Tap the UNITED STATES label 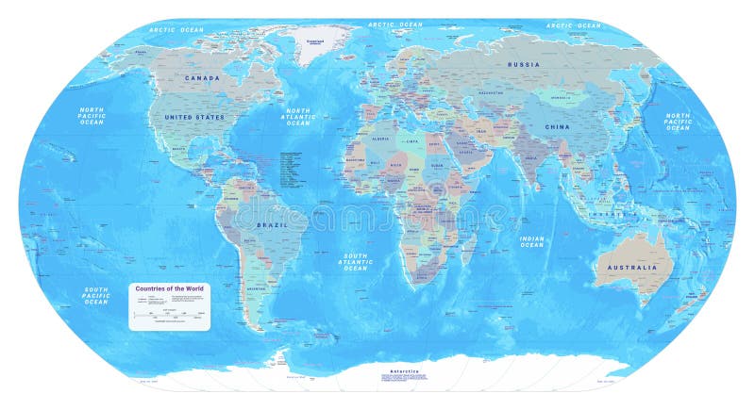pos(194,117)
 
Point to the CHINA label pos(556,125)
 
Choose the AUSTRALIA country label pos(632,267)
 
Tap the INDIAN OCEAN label pos(531,242)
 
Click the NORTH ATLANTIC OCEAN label pos(298,117)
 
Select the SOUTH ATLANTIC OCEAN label pos(355,262)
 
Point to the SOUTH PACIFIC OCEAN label pos(94,296)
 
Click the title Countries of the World pos(169,288)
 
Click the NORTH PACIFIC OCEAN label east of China pos(678,122)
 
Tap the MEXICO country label pos(178,149)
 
